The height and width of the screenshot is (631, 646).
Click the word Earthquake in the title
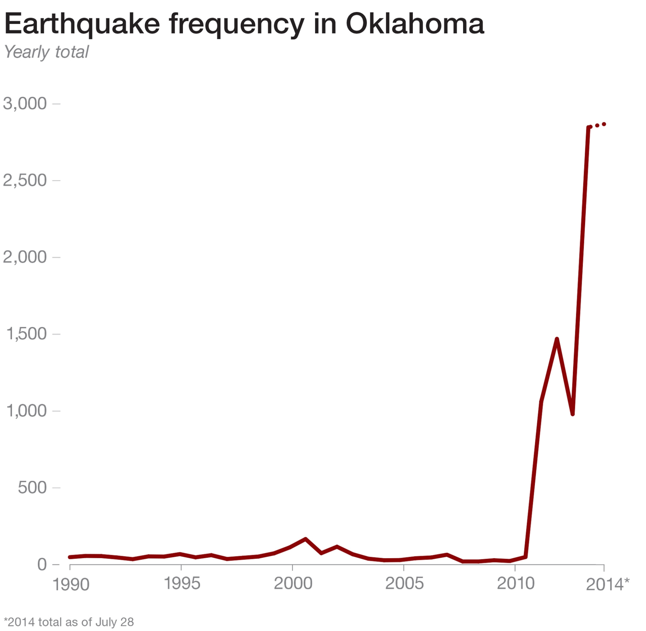82,24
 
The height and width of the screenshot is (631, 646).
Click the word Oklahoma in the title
415,24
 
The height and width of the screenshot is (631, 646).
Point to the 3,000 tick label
25,104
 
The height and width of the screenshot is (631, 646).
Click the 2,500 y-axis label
25,181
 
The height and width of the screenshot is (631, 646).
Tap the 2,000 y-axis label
25,257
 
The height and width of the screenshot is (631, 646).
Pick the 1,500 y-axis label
26,334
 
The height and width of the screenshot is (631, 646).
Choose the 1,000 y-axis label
26,411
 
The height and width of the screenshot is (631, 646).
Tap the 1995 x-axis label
182,583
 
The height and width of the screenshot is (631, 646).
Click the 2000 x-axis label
293,583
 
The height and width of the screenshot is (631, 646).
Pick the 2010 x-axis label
516,583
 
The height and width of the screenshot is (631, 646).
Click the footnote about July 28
69,622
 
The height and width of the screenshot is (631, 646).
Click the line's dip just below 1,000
573,414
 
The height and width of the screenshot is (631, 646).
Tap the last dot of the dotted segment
604,124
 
